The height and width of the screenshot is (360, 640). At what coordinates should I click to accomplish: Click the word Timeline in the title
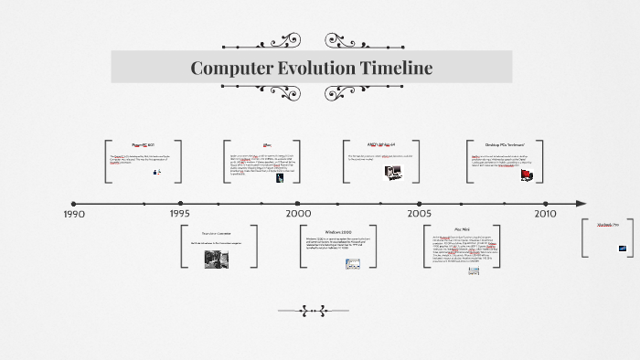pos(389,68)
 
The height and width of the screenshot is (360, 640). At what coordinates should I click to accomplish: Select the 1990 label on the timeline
pos(73,214)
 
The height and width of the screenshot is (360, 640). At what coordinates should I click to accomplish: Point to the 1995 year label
pos(180,214)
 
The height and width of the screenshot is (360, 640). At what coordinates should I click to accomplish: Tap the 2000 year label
pos(298,214)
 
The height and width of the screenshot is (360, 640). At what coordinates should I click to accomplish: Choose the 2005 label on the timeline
pos(420,214)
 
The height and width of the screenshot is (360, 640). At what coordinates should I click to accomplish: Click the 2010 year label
pos(544,214)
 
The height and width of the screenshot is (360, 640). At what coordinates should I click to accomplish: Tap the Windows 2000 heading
pos(325,231)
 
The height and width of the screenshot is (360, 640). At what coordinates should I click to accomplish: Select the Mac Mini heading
pos(462,229)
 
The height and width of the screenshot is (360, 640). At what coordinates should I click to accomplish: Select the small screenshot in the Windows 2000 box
pos(353,263)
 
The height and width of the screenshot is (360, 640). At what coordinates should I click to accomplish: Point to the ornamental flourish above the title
pos(311,41)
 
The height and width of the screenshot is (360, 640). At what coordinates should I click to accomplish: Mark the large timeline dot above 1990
pos(73,203)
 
